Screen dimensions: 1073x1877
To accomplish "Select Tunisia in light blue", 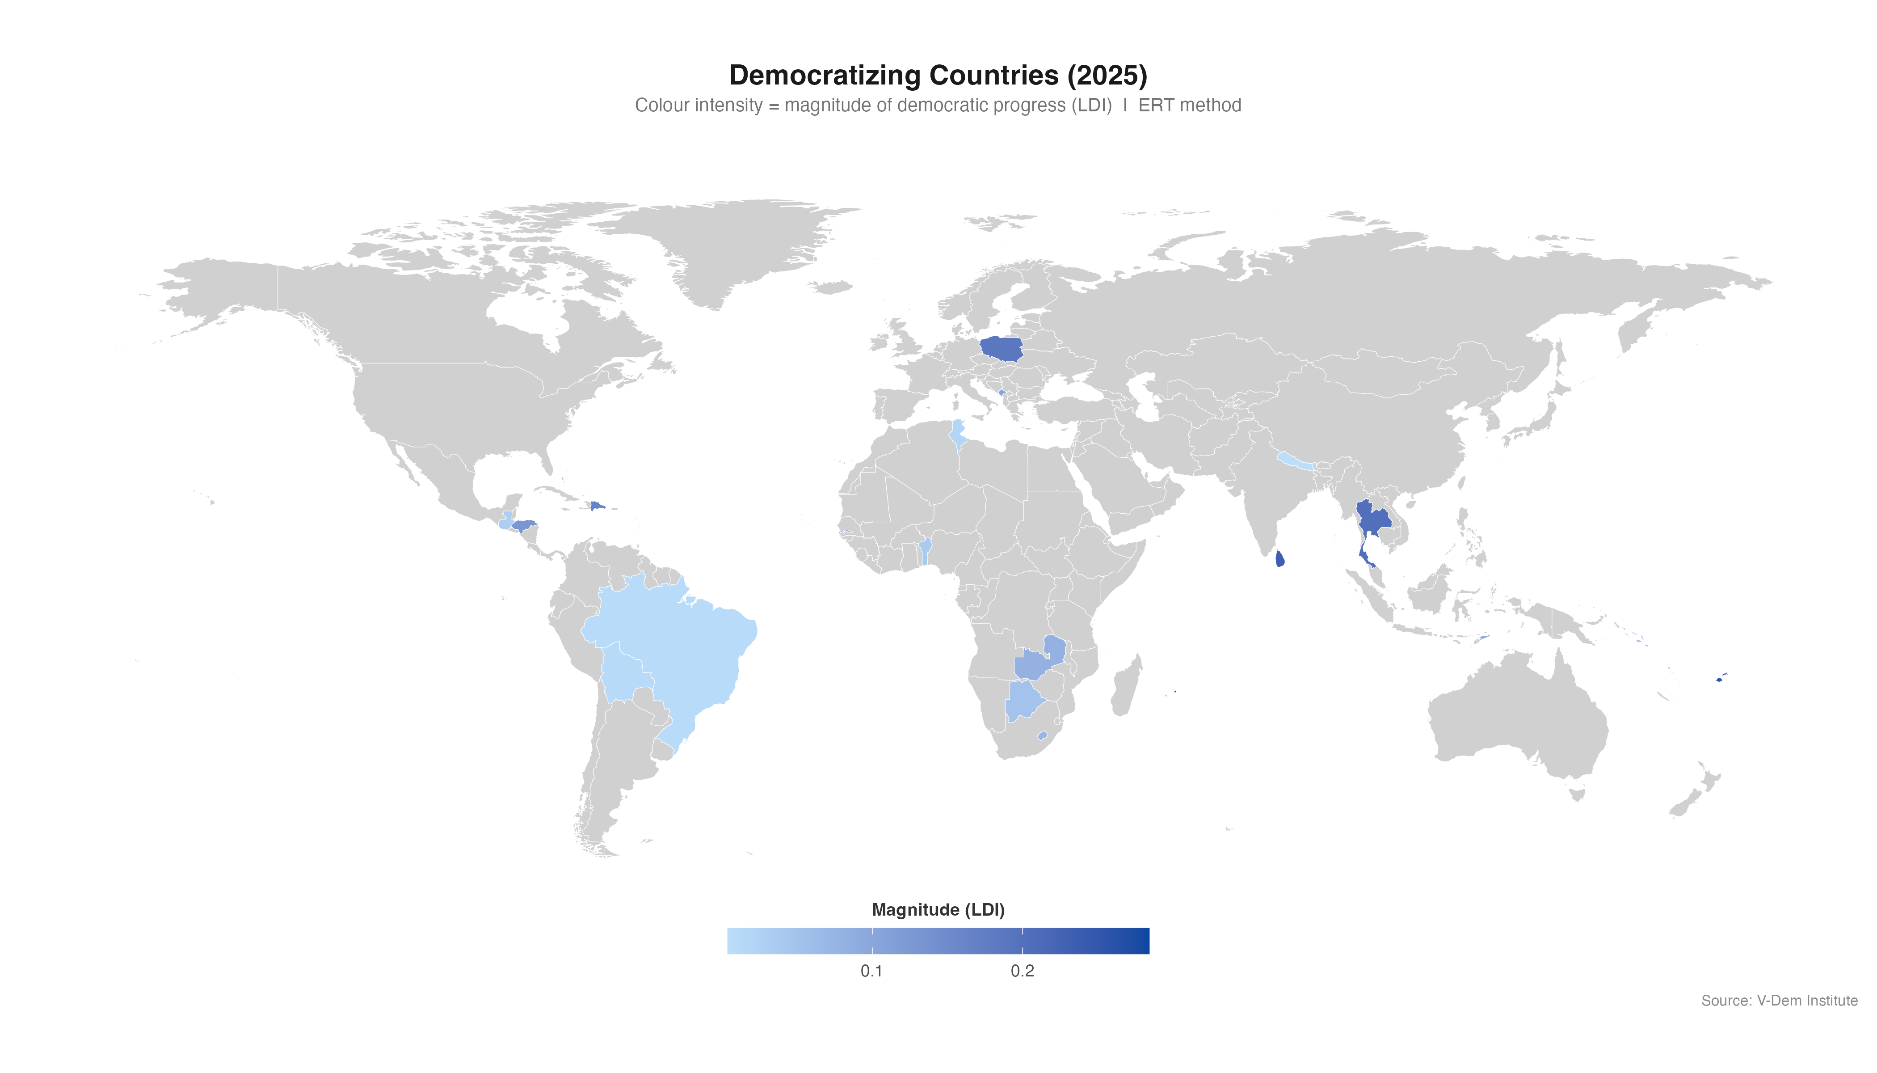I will [x=958, y=433].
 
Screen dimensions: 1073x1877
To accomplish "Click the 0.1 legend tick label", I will [x=871, y=972].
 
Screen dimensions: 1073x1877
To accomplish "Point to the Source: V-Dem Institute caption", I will [x=1779, y=1001].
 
